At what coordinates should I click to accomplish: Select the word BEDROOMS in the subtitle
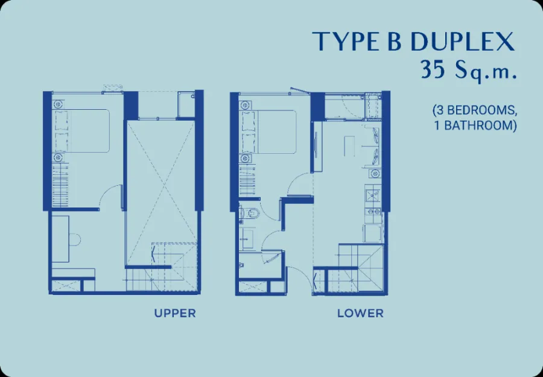coord(480,110)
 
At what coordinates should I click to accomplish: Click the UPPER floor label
coord(175,313)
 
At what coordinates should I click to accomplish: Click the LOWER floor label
coord(361,313)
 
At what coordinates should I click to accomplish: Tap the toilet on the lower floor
coord(249,214)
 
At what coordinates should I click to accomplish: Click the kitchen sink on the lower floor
coord(373,195)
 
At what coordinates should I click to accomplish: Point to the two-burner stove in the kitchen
coord(373,211)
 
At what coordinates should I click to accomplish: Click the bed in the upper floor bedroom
coord(82,131)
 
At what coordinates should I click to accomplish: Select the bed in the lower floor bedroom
coord(268,132)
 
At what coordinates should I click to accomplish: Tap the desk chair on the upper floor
coord(75,239)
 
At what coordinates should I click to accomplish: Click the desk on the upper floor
coord(60,239)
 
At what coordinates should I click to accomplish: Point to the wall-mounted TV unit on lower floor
coord(316,147)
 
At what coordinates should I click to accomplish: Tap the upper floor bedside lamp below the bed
coord(58,158)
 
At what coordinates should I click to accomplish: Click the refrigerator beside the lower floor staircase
coord(372,233)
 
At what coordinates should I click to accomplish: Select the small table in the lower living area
coord(349,146)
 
